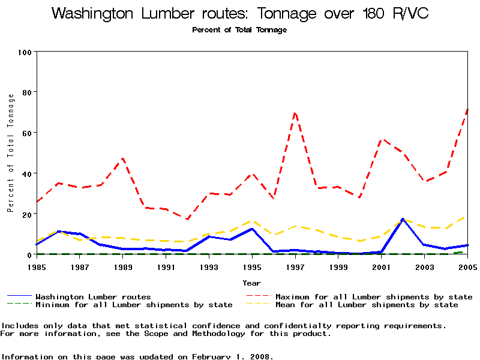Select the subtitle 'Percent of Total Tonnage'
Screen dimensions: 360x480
[x=239, y=30]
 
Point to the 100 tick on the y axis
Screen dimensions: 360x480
[x=25, y=52]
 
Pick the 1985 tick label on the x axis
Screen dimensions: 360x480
[x=37, y=266]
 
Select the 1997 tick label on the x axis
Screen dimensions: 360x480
[x=295, y=266]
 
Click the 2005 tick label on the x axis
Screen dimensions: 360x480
[x=467, y=266]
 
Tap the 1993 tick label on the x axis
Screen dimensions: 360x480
[x=209, y=266]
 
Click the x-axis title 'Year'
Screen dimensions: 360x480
[x=251, y=283]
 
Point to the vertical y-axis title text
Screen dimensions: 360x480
[x=10, y=153]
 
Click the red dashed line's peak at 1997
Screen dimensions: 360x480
[x=295, y=112]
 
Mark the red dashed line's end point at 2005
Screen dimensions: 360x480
[x=467, y=109]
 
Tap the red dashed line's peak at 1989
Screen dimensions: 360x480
[x=123, y=158]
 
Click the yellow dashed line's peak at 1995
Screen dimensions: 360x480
[x=252, y=221]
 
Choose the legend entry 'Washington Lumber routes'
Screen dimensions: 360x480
[x=93, y=296]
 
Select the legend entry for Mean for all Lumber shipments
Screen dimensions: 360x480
[x=366, y=305]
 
